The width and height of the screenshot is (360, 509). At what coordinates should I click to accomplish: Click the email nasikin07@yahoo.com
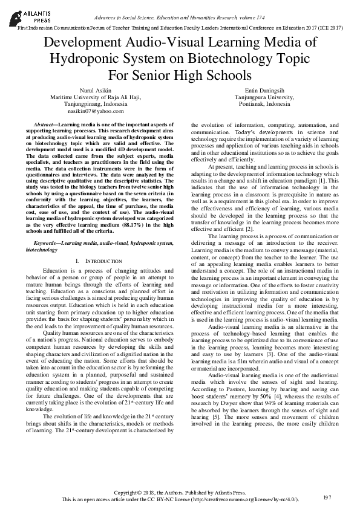pos(95,111)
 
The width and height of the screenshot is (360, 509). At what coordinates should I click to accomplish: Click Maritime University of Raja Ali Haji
pos(95,97)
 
